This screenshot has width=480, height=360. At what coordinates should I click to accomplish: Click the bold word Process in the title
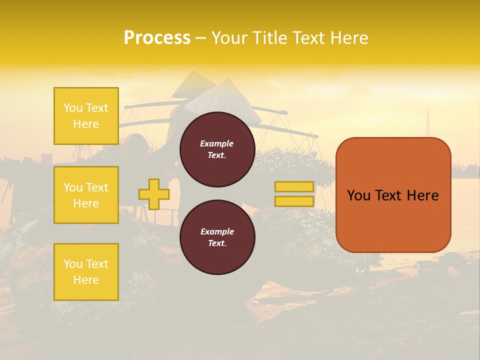[157, 38]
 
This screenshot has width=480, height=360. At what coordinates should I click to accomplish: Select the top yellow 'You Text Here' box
[86, 116]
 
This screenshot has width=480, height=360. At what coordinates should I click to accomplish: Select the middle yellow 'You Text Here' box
[86, 195]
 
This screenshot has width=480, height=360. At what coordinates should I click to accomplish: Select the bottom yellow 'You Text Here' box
[86, 272]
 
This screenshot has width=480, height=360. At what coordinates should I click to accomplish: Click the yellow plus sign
[154, 194]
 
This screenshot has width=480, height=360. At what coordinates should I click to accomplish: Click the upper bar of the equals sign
[294, 187]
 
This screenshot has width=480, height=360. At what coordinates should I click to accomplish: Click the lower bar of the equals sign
[294, 201]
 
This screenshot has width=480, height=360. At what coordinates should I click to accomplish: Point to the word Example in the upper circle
[217, 143]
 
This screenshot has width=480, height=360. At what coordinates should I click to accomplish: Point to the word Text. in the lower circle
[217, 243]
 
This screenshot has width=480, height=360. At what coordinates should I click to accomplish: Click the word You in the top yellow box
[73, 108]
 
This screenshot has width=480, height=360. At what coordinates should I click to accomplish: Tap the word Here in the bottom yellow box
[86, 280]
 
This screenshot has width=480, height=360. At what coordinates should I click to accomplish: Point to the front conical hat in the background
[222, 100]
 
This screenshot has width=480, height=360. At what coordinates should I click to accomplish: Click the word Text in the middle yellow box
[97, 187]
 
